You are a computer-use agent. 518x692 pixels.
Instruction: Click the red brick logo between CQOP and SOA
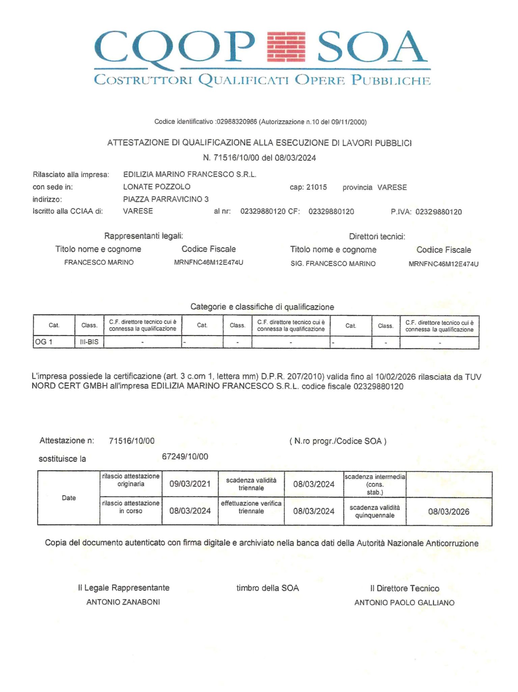286,47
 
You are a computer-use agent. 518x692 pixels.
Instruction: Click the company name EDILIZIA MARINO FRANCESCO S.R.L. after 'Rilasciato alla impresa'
190,175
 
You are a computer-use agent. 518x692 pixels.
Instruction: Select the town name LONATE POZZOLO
157,187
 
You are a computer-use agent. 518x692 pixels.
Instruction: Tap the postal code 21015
316,187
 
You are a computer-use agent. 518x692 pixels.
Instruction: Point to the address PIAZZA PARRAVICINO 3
166,199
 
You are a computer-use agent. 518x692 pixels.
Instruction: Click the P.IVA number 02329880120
438,212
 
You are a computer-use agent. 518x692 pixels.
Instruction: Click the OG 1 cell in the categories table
44,342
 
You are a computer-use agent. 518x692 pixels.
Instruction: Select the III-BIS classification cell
89,342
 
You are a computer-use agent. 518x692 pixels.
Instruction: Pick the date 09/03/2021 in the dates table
190,484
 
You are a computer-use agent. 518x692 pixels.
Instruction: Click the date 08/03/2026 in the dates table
448,511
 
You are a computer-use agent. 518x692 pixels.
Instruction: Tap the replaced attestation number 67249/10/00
185,457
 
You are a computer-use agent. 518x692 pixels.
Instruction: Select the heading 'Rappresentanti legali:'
143,236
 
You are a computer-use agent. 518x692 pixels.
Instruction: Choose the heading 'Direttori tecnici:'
377,237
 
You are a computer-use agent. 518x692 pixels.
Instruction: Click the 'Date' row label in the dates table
69,498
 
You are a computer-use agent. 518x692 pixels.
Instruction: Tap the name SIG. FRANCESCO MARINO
333,264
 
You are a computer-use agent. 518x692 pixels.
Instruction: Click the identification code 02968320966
237,122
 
